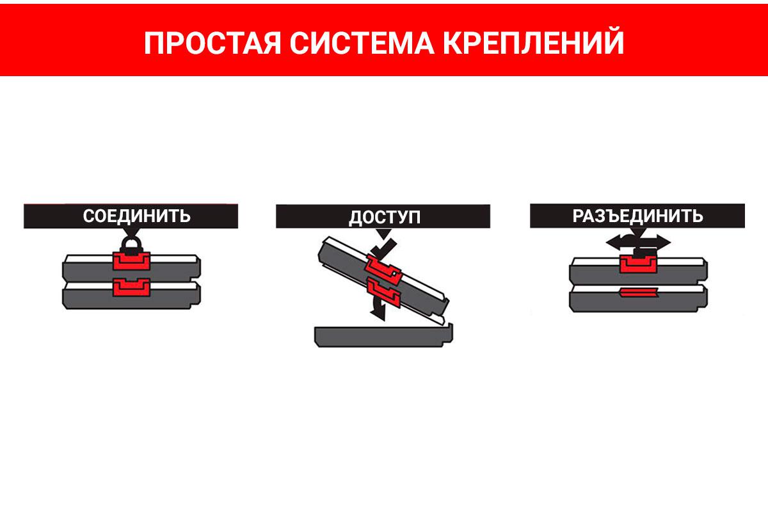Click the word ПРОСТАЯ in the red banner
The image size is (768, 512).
pos(212,43)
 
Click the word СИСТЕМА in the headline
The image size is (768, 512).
pos(362,43)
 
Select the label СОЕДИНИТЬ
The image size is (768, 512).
pos(136,216)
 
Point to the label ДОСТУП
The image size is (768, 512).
pos(385,218)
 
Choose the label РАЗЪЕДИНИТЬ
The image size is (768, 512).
pos(637,216)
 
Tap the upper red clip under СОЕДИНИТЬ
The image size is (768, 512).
pos(131,261)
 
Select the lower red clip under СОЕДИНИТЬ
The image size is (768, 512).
pos(131,287)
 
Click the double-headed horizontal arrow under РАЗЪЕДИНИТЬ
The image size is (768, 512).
pos(638,243)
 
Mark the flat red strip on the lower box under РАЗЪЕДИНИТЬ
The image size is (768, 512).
pos(638,292)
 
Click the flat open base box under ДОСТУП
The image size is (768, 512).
pos(383,336)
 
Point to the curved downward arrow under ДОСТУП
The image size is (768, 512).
pos(378,308)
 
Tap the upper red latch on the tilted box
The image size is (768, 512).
pos(383,270)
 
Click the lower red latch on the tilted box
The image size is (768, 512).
pos(383,292)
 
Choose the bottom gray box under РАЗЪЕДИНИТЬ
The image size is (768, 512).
pos(638,299)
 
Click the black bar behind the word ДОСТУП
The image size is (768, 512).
pos(383,216)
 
